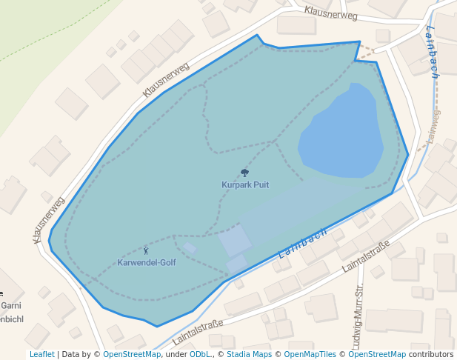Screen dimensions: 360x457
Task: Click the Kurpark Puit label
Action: (244, 185)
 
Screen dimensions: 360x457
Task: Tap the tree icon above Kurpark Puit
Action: (245, 173)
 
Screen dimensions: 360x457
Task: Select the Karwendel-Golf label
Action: (147, 263)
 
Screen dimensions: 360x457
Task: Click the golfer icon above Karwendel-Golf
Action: (145, 251)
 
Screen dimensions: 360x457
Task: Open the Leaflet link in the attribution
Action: (42, 354)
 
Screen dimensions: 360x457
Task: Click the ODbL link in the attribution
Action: (200, 354)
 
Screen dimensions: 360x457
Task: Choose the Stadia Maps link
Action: (249, 354)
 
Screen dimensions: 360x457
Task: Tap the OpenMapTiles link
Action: (310, 354)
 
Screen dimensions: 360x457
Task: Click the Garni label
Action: (10, 305)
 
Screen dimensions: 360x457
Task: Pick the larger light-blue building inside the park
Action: (235, 241)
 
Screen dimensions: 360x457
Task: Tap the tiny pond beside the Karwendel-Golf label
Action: (190, 247)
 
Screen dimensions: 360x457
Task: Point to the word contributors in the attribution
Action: (431, 354)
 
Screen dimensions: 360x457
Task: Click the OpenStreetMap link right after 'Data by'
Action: (132, 354)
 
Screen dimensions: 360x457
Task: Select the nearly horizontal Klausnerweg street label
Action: (330, 13)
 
